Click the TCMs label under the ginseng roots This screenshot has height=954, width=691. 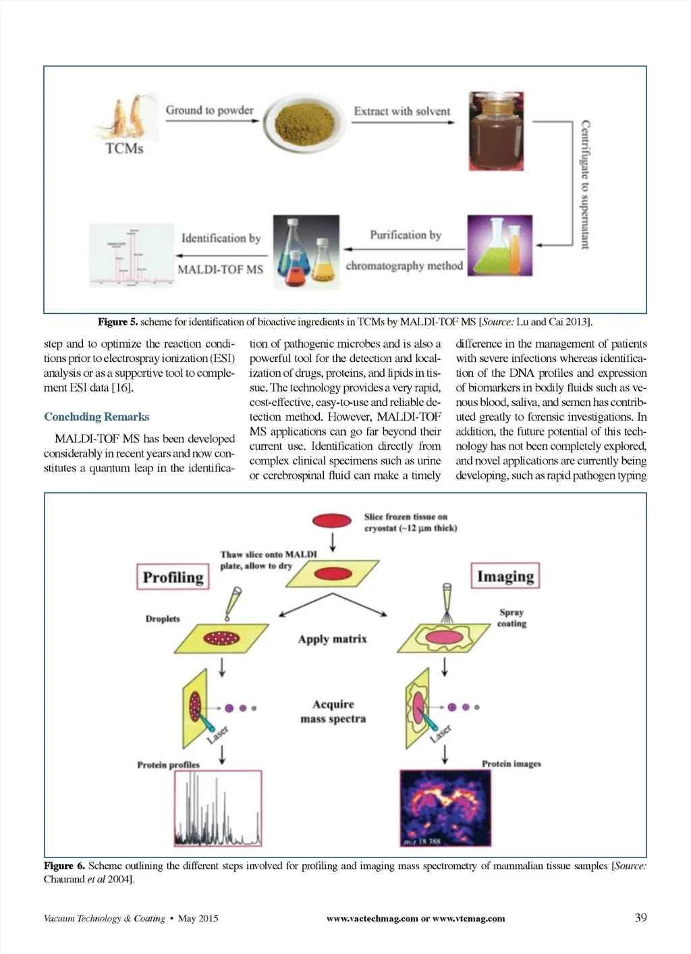coord(124,149)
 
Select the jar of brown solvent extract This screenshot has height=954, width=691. coord(496,132)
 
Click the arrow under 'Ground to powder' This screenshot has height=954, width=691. coord(212,122)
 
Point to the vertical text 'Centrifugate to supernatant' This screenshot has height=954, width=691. coord(585,184)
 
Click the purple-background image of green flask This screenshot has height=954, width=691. coord(499,245)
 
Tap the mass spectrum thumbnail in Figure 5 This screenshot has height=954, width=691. coord(131,256)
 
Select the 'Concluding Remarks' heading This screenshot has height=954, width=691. coord(96,417)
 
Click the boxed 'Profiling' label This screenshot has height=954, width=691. coord(173,577)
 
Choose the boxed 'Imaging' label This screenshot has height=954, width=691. coord(505,576)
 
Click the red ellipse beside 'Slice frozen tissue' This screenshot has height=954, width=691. coord(332,521)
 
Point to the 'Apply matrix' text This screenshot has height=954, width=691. coord(333,639)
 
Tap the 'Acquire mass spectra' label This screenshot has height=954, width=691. coord(333,712)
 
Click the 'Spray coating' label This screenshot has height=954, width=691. coord(512,618)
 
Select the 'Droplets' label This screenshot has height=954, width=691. coord(163,618)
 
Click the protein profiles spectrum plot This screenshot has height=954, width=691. coord(218,809)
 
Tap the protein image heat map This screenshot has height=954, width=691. coord(445,807)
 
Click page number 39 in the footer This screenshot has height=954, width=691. coord(640,918)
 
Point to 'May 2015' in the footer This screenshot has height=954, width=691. coord(198,918)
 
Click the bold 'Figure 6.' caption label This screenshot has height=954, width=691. coord(64,866)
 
